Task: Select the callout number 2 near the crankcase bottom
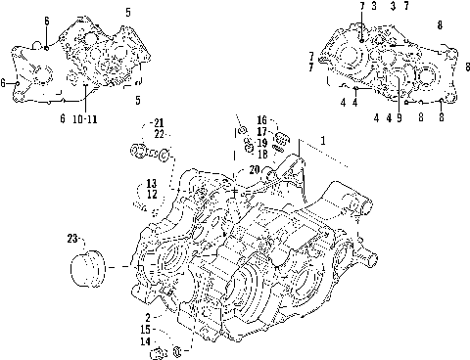point(147,318)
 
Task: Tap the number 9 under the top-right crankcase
point(399,117)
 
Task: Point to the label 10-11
point(85,118)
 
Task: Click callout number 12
point(152,195)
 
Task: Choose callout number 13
point(152,183)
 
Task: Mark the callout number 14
point(145,341)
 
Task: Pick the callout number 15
point(145,330)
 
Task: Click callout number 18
point(262,154)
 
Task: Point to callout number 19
point(262,142)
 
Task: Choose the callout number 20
point(227,169)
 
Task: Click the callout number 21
point(159,122)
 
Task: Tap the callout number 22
point(159,134)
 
